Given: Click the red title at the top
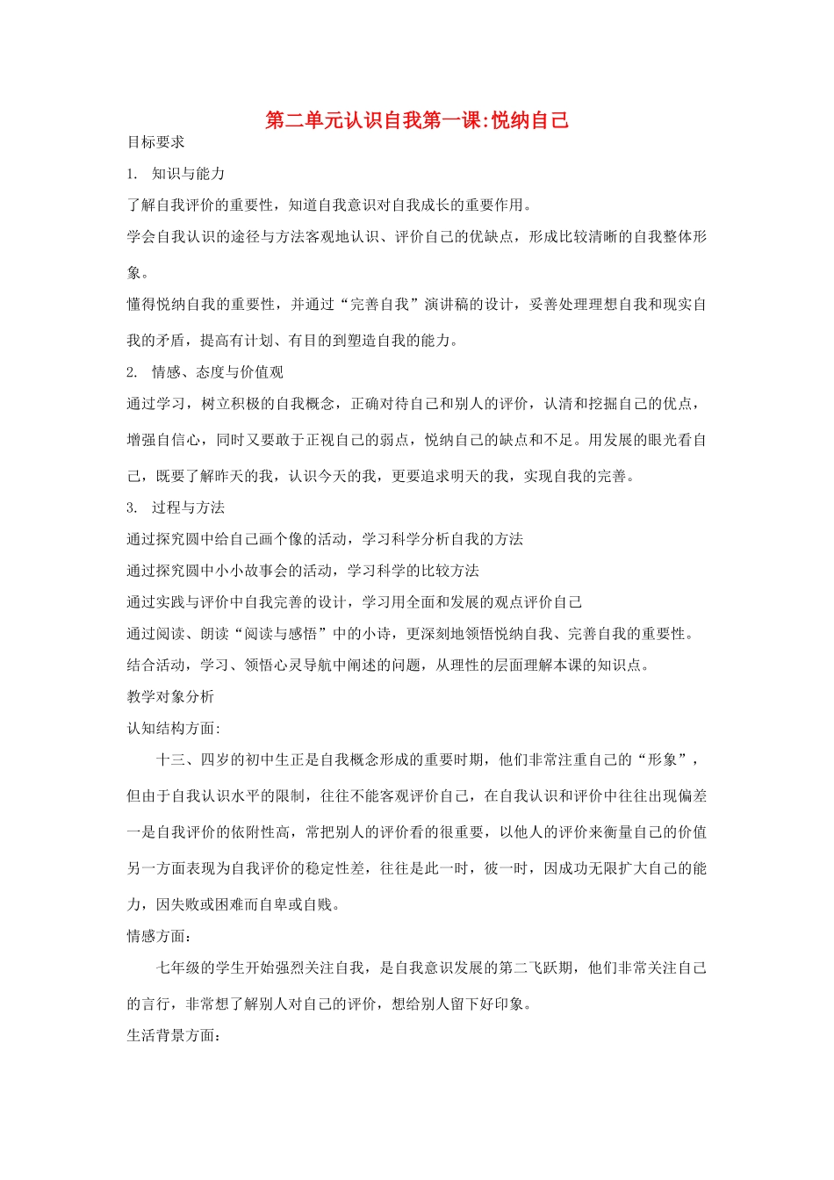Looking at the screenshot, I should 417,120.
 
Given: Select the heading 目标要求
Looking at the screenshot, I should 156,142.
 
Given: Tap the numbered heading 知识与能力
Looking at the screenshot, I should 188,174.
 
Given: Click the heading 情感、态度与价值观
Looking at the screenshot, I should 217,372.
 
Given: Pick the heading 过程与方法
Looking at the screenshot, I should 188,507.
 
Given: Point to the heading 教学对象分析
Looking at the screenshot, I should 170,697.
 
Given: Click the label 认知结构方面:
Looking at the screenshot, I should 174,729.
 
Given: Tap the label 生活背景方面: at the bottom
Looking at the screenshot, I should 173,1036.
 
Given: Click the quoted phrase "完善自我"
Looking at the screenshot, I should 379,305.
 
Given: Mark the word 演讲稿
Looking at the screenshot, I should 447,305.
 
